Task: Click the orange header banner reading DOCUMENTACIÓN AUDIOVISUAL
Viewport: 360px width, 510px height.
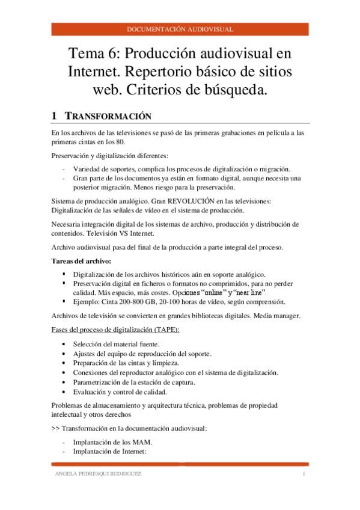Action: pos(180,29)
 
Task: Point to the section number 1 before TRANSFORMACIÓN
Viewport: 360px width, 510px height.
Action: pos(54,116)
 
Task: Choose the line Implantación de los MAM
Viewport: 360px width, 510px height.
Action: pos(112,442)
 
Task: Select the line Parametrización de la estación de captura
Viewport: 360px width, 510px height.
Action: pos(141,382)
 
